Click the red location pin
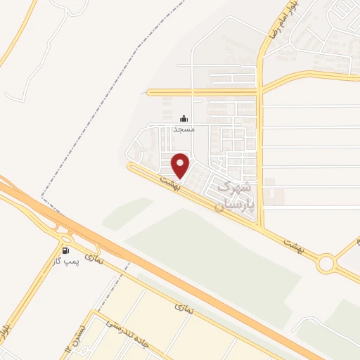[x=181, y=165]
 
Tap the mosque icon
[x=184, y=119]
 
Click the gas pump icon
[x=65, y=250]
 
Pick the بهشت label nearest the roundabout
[x=292, y=243]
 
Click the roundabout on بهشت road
[x=326, y=264]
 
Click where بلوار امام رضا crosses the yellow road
[x=260, y=90]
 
